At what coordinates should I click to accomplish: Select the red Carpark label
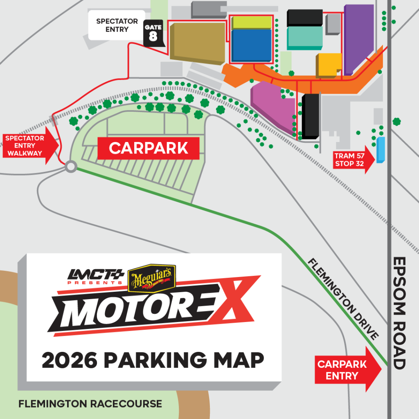click(148, 148)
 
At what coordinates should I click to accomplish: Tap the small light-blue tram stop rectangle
click(381, 150)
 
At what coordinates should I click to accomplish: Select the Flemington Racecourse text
click(90, 404)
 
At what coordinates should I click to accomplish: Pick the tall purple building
click(358, 39)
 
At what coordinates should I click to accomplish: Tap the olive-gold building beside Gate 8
click(197, 42)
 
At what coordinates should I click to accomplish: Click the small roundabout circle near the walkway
click(71, 167)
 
